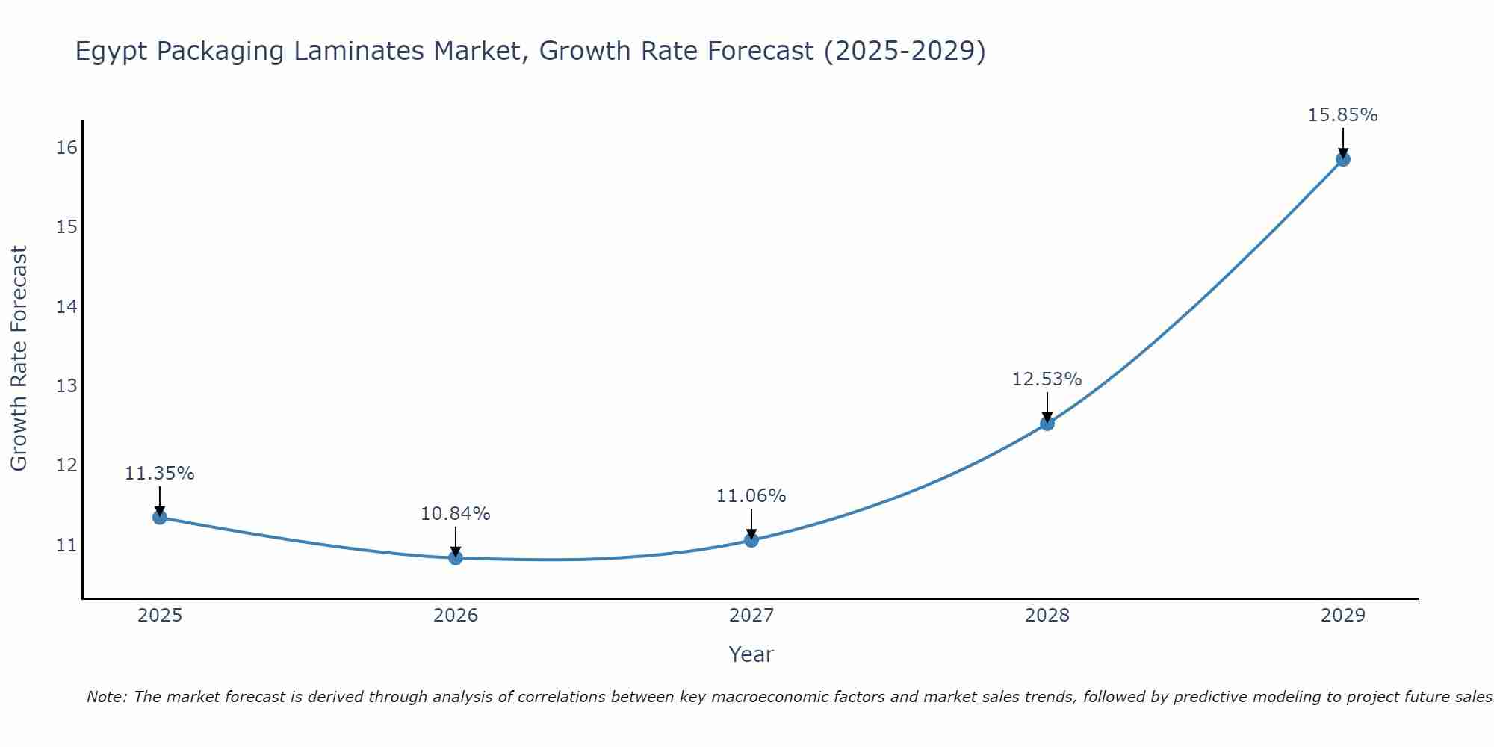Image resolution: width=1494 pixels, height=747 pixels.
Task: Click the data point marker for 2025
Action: [159, 517]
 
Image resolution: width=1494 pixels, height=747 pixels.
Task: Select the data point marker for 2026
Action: [456, 557]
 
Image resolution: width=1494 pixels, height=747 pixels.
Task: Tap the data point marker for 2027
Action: [751, 540]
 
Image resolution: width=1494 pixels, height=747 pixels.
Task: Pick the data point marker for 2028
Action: [1047, 424]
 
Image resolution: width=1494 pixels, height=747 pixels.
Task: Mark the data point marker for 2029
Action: [1342, 159]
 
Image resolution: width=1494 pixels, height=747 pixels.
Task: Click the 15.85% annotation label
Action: [1342, 115]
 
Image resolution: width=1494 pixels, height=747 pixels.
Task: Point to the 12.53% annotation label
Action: [1047, 379]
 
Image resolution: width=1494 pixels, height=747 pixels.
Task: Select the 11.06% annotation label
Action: [751, 496]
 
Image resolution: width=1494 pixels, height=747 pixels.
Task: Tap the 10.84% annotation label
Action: [455, 514]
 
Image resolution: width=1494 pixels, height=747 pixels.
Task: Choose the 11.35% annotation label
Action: [159, 474]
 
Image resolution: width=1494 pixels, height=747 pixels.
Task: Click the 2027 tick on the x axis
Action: [751, 616]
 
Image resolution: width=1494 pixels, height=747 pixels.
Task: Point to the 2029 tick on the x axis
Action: [1342, 616]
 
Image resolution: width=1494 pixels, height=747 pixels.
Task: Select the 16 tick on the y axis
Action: [66, 147]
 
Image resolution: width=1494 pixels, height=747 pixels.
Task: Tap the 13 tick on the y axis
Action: [66, 386]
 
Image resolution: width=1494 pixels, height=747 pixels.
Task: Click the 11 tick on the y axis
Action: [66, 545]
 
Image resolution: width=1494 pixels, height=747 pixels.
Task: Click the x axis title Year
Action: [751, 654]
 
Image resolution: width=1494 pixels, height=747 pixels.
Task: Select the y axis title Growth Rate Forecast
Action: [19, 359]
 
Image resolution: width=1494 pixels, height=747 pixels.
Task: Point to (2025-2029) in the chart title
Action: [904, 51]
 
